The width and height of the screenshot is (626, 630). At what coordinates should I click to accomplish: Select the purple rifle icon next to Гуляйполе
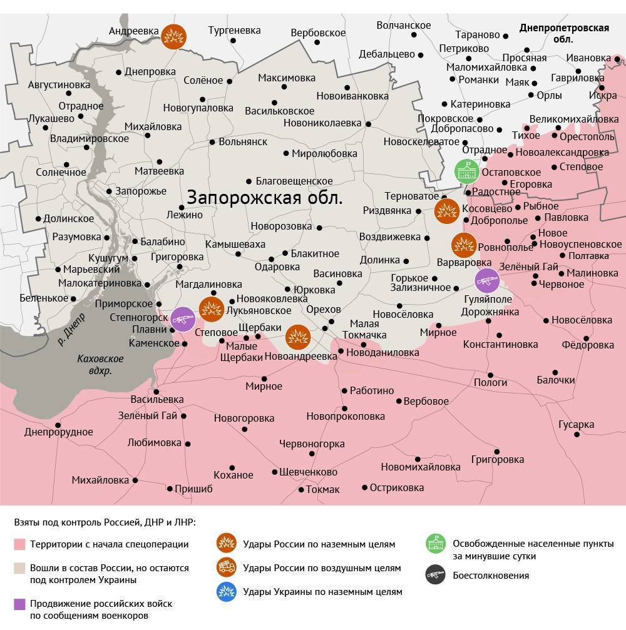486,280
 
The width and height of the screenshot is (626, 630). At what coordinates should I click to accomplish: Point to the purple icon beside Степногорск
183,320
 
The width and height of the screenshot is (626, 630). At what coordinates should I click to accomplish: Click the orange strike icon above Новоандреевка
298,337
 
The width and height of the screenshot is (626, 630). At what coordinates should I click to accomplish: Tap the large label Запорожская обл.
265,199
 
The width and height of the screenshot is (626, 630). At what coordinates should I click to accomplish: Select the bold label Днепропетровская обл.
564,33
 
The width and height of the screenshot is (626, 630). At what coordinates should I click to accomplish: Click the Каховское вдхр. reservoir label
100,365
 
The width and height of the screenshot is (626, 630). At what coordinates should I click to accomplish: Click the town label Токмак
322,489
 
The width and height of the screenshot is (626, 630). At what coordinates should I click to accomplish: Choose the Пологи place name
490,382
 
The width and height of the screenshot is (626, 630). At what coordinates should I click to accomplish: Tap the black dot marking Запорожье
109,191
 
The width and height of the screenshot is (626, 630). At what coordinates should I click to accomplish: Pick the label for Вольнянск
243,141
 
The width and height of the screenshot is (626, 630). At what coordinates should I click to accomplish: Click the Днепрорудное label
58,432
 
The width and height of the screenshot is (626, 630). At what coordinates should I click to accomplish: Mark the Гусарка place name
576,425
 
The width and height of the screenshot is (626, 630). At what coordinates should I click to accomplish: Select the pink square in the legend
20,544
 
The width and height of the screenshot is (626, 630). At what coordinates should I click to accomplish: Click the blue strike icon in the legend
225,591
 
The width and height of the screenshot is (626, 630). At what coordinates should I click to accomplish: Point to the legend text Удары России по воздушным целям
322,568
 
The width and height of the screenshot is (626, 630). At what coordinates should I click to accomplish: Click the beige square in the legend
20,568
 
